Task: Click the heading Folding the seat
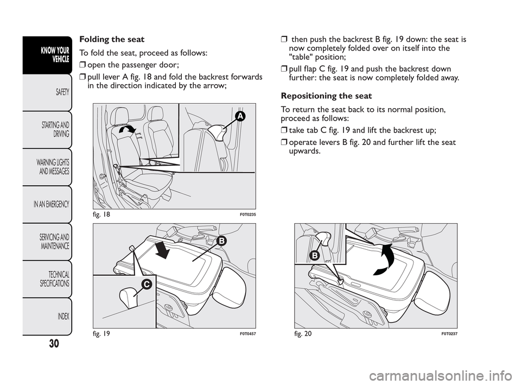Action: point(112,39)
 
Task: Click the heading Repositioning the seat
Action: point(326,96)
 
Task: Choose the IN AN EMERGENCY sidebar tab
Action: point(48,204)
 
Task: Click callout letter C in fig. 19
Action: point(147,283)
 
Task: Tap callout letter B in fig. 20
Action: point(314,255)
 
